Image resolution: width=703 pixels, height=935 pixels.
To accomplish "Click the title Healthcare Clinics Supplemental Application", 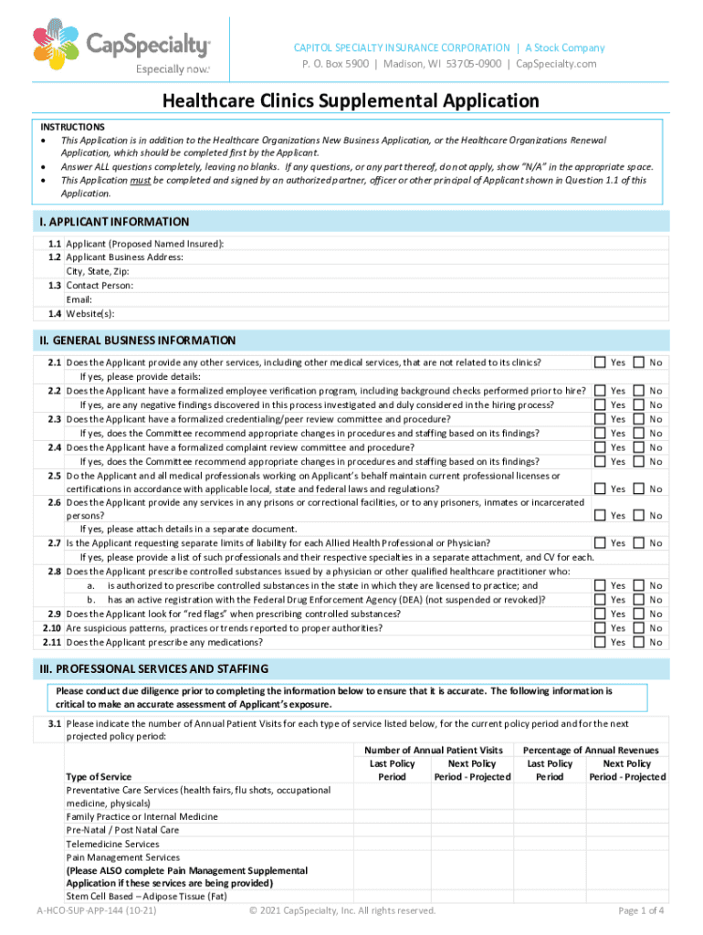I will [351, 100].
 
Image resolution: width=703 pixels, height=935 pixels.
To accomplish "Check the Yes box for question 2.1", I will [600, 362].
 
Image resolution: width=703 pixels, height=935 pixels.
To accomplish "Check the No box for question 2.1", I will [639, 362].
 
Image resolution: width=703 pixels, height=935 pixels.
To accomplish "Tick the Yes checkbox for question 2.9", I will [600, 614].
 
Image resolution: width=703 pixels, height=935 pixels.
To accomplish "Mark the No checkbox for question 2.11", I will [639, 642].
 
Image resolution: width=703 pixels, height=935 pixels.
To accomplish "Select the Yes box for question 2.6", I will [600, 516].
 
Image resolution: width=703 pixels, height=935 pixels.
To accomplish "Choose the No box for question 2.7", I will [639, 543].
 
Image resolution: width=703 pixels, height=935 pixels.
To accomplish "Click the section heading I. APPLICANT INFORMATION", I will [114, 222].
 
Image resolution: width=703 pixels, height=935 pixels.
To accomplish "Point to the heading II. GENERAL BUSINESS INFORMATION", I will [137, 341].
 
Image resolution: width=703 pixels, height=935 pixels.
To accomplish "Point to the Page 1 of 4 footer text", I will [640, 910].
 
